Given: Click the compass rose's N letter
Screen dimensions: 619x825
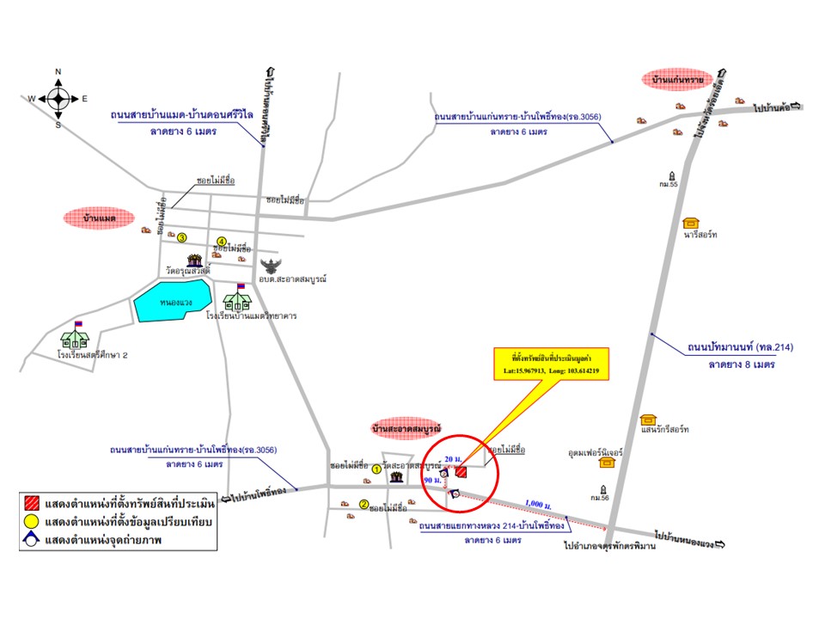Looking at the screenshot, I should (58, 71).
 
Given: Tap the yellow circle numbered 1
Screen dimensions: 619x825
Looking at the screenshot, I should (376, 469).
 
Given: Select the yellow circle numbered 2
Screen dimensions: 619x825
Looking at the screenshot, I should (364, 505).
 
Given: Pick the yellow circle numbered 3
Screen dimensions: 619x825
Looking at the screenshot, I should (182, 237).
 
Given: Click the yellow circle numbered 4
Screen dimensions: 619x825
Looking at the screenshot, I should (221, 242).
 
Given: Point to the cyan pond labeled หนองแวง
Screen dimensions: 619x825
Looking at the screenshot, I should (172, 302).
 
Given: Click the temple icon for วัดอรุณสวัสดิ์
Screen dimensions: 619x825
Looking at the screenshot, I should (197, 260).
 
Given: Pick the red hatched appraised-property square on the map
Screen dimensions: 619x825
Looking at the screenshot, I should (461, 471).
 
